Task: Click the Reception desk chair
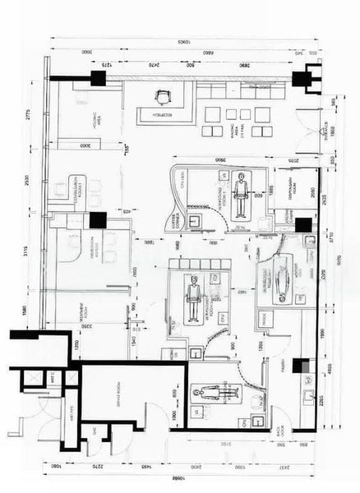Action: tap(161, 97)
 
